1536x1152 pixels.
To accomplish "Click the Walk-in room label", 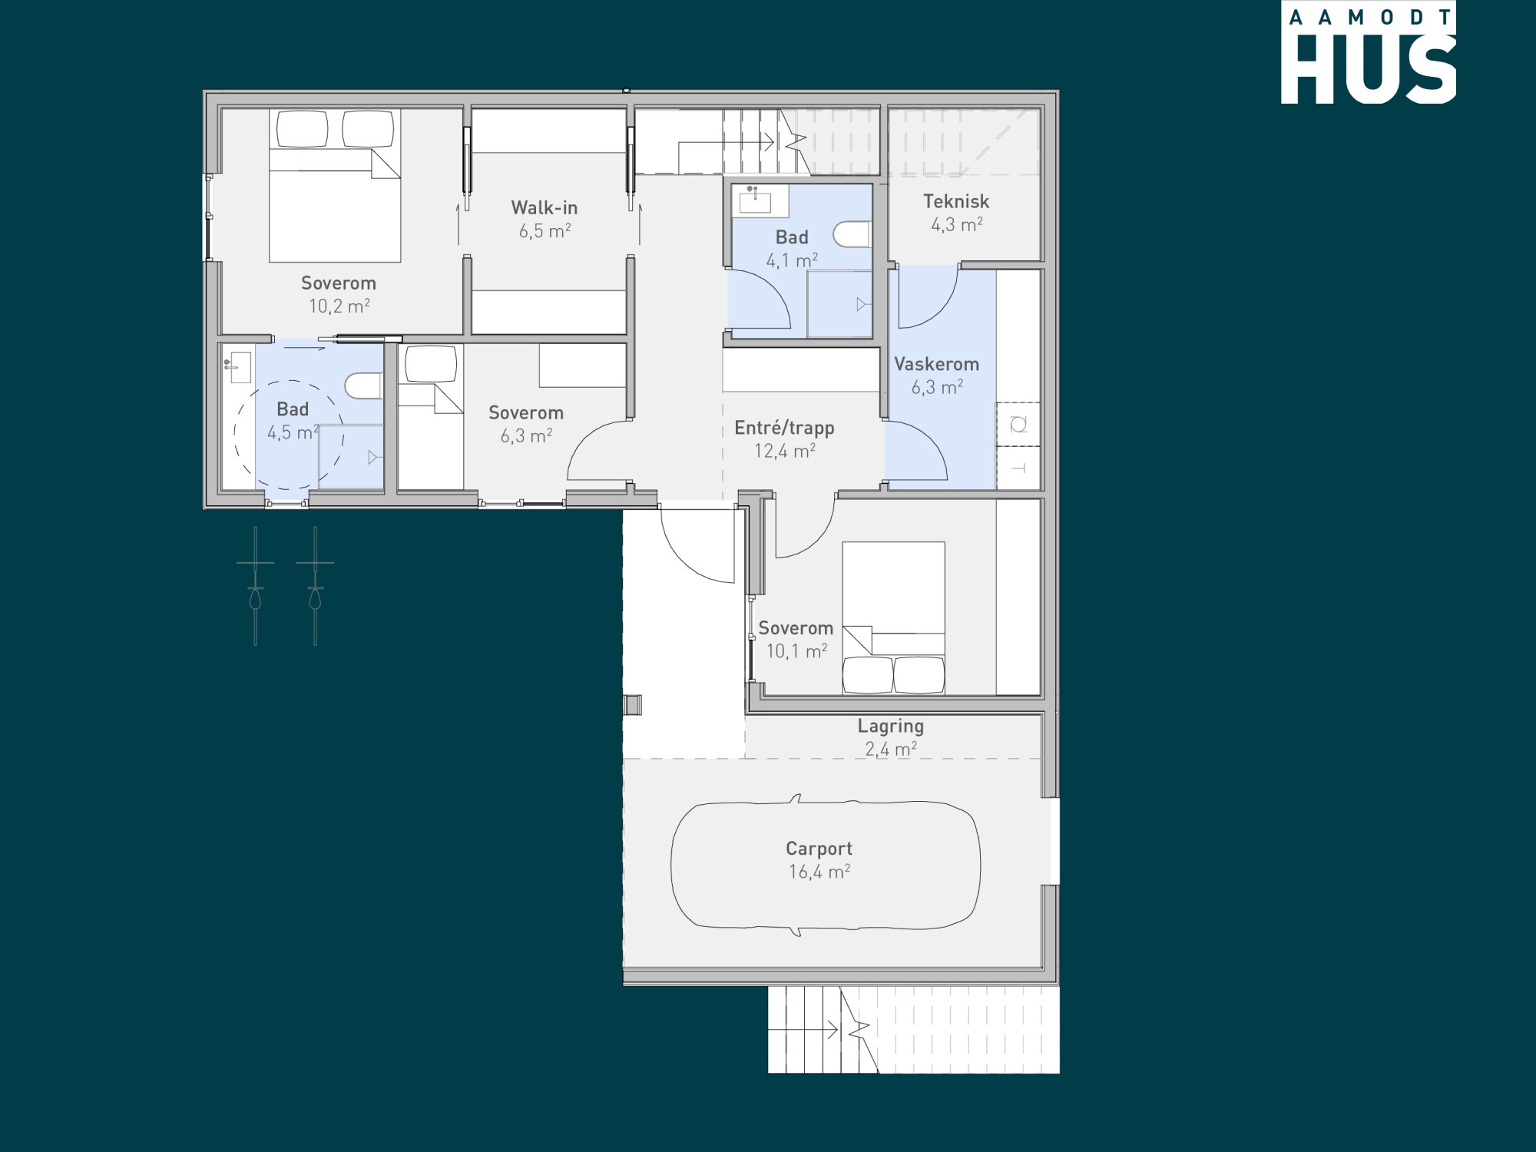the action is [545, 207].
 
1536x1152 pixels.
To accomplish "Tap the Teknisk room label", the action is [956, 201].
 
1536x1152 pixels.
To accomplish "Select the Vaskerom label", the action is [937, 364].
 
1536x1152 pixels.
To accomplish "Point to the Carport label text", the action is [819, 849].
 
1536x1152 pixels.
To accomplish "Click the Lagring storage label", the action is [891, 727].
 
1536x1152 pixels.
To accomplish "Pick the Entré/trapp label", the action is [784, 428].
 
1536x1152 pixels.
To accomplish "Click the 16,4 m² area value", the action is [819, 872].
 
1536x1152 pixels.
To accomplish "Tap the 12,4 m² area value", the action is [784, 451].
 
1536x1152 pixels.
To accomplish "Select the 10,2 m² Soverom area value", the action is [339, 306].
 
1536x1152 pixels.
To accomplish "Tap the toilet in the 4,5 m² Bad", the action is [364, 386].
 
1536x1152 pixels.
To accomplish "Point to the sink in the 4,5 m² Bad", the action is [239, 368].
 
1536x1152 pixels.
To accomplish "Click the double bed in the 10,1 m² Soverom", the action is [893, 618].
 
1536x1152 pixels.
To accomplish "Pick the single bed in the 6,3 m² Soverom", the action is [430, 416].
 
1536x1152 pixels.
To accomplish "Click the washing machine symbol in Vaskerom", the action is [1018, 424].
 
